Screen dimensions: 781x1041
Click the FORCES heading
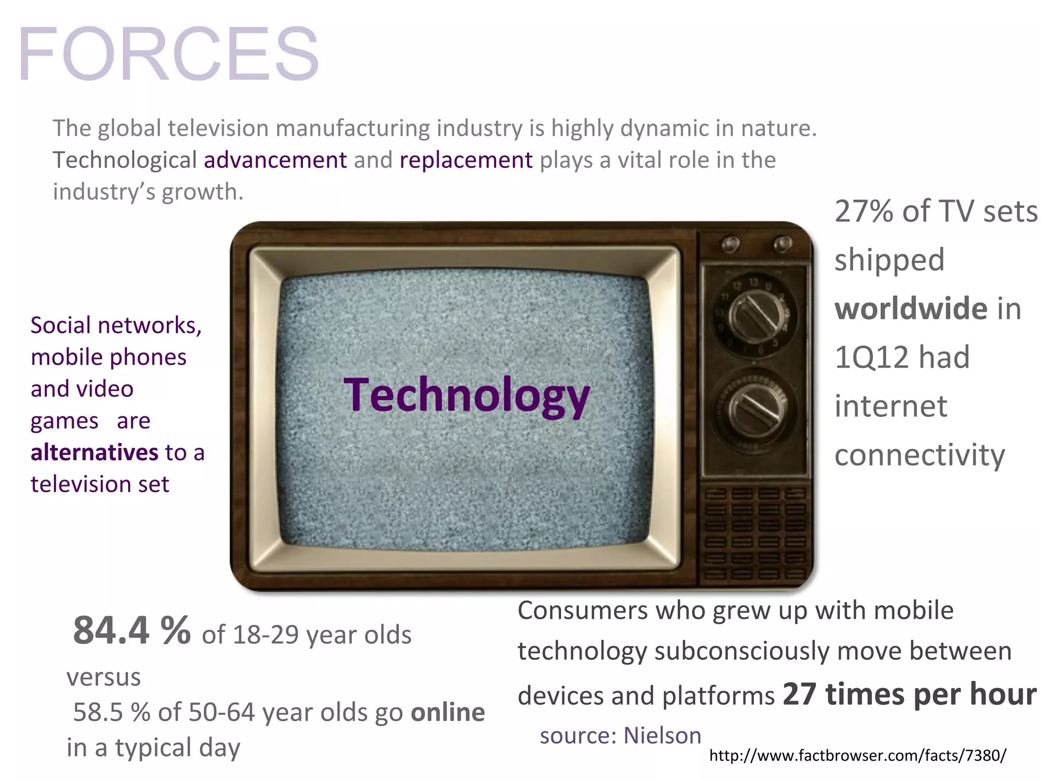pyautogui.click(x=169, y=54)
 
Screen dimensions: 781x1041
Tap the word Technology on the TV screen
pyautogui.click(x=467, y=395)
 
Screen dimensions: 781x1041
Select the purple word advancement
pyautogui.click(x=275, y=160)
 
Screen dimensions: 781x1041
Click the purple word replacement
pyautogui.click(x=466, y=160)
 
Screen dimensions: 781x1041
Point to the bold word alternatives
pyautogui.click(x=95, y=452)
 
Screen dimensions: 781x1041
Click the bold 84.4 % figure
pyautogui.click(x=132, y=631)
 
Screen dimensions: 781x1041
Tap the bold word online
pyautogui.click(x=448, y=712)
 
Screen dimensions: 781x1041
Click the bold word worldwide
pyautogui.click(x=911, y=309)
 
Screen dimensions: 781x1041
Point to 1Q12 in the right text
pyautogui.click(x=871, y=357)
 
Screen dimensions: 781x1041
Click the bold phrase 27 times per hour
pyautogui.click(x=909, y=695)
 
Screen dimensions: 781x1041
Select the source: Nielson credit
pyautogui.click(x=620, y=736)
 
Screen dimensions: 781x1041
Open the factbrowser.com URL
pyautogui.click(x=857, y=756)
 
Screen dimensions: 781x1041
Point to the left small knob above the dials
pyautogui.click(x=730, y=245)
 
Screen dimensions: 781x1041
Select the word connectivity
pyautogui.click(x=920, y=455)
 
